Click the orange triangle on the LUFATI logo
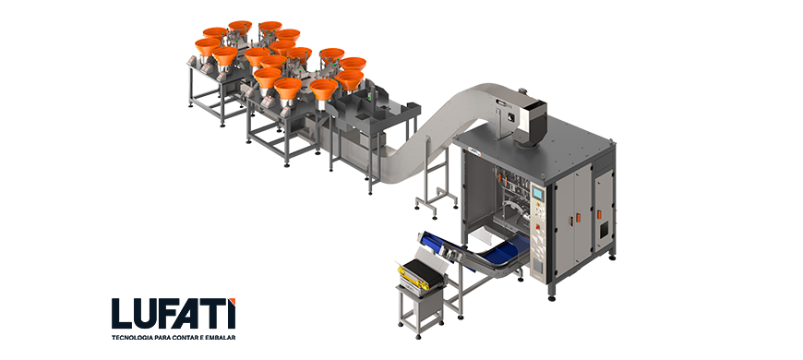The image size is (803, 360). pyautogui.click(x=232, y=301)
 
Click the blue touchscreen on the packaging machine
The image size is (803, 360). pyautogui.click(x=537, y=193)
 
